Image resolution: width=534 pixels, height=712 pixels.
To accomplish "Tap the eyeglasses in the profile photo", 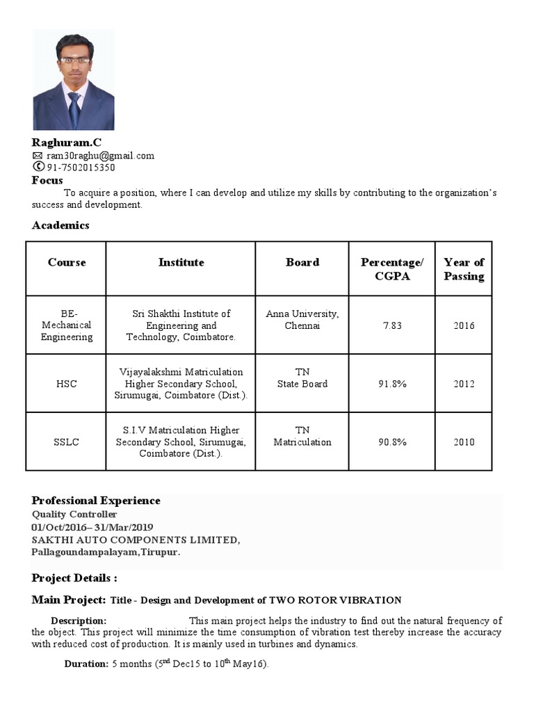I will click(74, 61).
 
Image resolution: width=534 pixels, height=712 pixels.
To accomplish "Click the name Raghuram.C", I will click(66, 143).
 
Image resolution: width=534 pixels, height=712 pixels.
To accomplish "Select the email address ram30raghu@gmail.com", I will click(100, 156).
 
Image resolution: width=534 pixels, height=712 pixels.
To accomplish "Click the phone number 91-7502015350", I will click(81, 168).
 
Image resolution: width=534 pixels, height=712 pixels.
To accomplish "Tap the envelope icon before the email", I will click(38, 156).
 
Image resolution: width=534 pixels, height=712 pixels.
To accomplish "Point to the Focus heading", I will click(47, 180).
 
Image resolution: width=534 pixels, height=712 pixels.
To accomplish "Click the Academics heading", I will click(60, 225).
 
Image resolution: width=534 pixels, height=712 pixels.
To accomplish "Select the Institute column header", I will click(181, 262).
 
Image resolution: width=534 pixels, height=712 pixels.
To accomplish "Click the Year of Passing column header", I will click(464, 269).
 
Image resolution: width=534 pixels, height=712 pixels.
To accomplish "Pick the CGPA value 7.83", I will click(391, 325).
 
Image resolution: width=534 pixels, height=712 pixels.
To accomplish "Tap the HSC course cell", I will click(66, 384).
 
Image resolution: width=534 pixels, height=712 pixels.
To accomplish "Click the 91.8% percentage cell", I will click(391, 384).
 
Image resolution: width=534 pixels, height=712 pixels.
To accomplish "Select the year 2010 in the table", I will click(464, 442).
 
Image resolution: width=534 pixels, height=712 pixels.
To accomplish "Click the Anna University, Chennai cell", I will click(302, 320).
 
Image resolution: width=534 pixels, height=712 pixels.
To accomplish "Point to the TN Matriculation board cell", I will click(302, 436).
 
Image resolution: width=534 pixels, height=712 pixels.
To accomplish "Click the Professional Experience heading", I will click(96, 501).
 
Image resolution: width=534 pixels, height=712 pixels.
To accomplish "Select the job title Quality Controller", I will click(74, 515).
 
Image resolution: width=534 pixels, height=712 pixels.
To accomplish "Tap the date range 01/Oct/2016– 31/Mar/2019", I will click(92, 527).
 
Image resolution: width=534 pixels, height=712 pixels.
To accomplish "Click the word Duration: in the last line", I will click(86, 664).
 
